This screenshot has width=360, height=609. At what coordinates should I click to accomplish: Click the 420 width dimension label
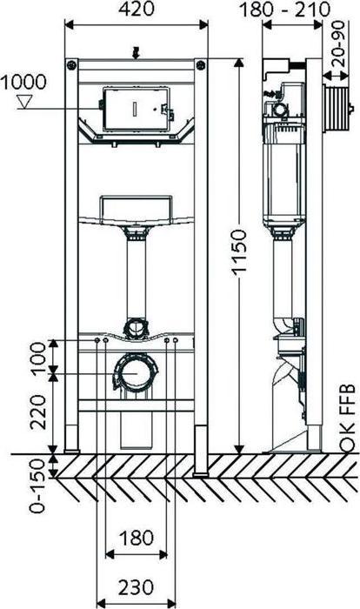click(136, 10)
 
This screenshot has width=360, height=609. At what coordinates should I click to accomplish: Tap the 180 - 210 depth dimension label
click(285, 10)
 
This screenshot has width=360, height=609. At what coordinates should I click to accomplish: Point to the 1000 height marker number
click(23, 83)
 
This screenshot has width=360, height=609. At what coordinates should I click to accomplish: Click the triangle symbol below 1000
click(24, 102)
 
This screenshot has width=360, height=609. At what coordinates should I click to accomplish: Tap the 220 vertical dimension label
click(39, 412)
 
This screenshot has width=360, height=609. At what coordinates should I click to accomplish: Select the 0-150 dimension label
click(38, 485)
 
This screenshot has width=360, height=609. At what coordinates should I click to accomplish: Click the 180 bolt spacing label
click(136, 539)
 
